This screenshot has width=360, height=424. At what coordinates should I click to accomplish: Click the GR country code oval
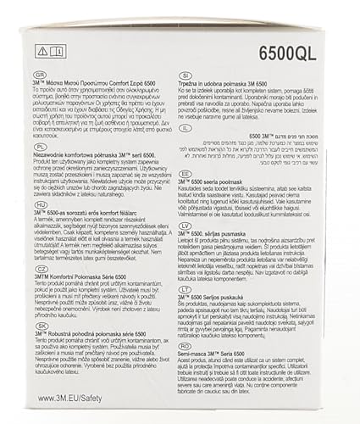point(36,75)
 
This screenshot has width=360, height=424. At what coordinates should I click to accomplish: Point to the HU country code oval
point(36,203)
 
